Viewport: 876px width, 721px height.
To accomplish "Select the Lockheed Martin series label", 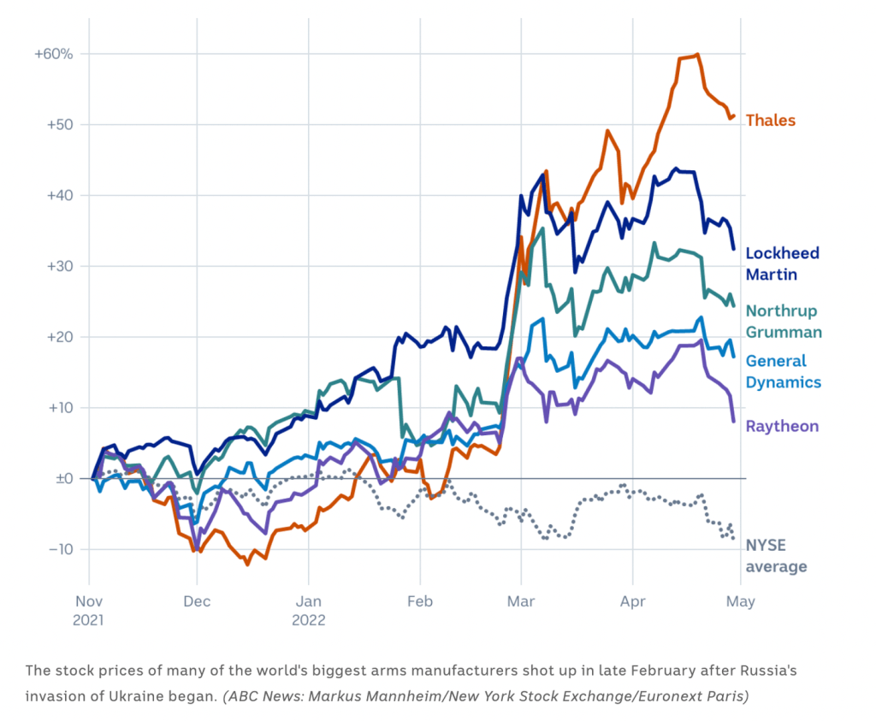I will (x=782, y=263).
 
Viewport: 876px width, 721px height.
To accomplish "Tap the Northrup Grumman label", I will (x=783, y=322).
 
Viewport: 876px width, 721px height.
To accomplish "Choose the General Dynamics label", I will (x=783, y=371).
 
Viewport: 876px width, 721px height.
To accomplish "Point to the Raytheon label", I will (x=782, y=427).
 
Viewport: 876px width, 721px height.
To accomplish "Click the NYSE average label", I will (x=776, y=557).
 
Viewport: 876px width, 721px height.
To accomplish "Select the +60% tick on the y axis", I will (x=53, y=54).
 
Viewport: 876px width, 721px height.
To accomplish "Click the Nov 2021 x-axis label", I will (x=88, y=610).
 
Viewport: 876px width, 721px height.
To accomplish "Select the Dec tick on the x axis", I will (x=196, y=601).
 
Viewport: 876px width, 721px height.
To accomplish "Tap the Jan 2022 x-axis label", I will (x=308, y=610).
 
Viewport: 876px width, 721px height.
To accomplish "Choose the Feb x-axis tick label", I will (x=419, y=601).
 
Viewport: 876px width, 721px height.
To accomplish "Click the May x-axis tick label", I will (x=740, y=601).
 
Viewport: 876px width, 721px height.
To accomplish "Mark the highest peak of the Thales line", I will (x=698, y=55).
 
